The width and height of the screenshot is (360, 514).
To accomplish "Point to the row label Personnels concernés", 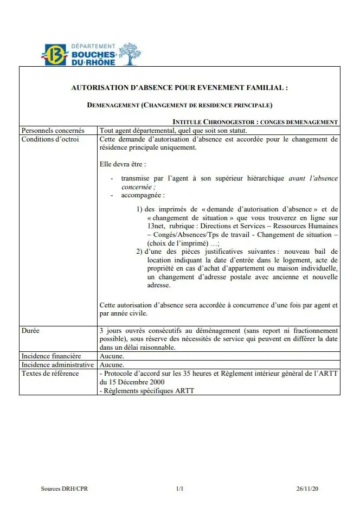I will (53, 131).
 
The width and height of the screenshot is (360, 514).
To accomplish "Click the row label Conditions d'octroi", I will (50, 139).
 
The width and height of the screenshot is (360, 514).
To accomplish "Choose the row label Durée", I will (30, 330).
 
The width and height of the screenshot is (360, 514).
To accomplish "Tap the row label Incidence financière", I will (51, 356).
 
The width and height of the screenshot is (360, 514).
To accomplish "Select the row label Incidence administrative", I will (57, 365).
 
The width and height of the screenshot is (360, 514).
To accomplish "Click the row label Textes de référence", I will (50, 374).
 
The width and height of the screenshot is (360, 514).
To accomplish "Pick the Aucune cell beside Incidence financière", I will (112, 356).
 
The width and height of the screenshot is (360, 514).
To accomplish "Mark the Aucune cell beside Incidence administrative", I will (112, 365).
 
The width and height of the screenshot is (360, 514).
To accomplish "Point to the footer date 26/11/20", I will (307, 489).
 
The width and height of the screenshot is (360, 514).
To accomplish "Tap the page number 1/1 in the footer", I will (180, 489).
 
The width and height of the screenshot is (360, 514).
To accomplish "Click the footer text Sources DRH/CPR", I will (65, 489).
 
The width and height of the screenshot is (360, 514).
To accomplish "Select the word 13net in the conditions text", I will (156, 226).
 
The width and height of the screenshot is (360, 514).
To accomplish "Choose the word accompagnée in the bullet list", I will (143, 195).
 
